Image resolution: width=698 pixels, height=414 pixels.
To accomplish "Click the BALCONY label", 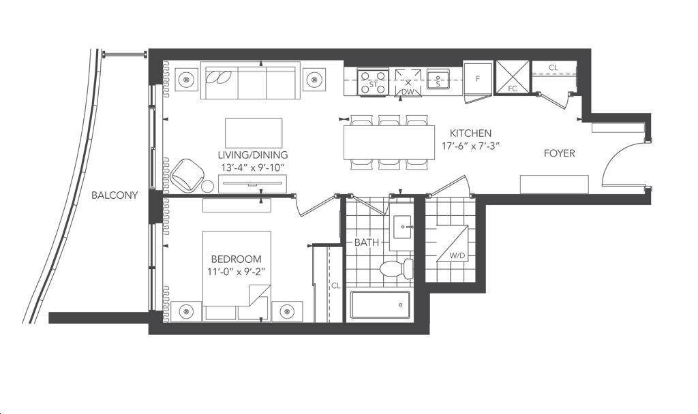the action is pyautogui.click(x=115, y=195).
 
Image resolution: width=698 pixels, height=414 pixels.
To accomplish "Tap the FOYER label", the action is pyautogui.click(x=559, y=153).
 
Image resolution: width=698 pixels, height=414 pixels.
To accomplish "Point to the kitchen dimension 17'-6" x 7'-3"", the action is pyautogui.click(x=470, y=146).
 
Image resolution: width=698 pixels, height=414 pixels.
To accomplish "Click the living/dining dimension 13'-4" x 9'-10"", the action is pyautogui.click(x=252, y=168).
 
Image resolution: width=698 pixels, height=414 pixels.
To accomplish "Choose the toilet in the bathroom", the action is pyautogui.click(x=396, y=268).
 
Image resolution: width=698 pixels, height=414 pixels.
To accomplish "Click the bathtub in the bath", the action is pyautogui.click(x=380, y=305).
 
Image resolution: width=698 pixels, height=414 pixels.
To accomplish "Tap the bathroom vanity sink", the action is pyautogui.click(x=401, y=227).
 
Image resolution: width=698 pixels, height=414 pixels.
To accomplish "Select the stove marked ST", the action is pyautogui.click(x=373, y=82).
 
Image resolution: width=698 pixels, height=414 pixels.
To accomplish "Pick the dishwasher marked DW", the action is pyautogui.click(x=408, y=82).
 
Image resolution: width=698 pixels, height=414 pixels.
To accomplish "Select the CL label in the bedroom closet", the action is pyautogui.click(x=335, y=286).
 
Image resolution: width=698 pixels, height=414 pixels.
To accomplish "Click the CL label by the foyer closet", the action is pyautogui.click(x=553, y=68).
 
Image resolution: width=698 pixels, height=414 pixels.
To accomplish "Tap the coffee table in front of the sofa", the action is pyautogui.click(x=254, y=133).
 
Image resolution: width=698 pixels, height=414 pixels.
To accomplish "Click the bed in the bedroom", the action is pyautogui.click(x=237, y=276).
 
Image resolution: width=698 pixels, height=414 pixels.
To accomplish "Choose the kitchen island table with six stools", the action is pyautogui.click(x=389, y=142).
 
